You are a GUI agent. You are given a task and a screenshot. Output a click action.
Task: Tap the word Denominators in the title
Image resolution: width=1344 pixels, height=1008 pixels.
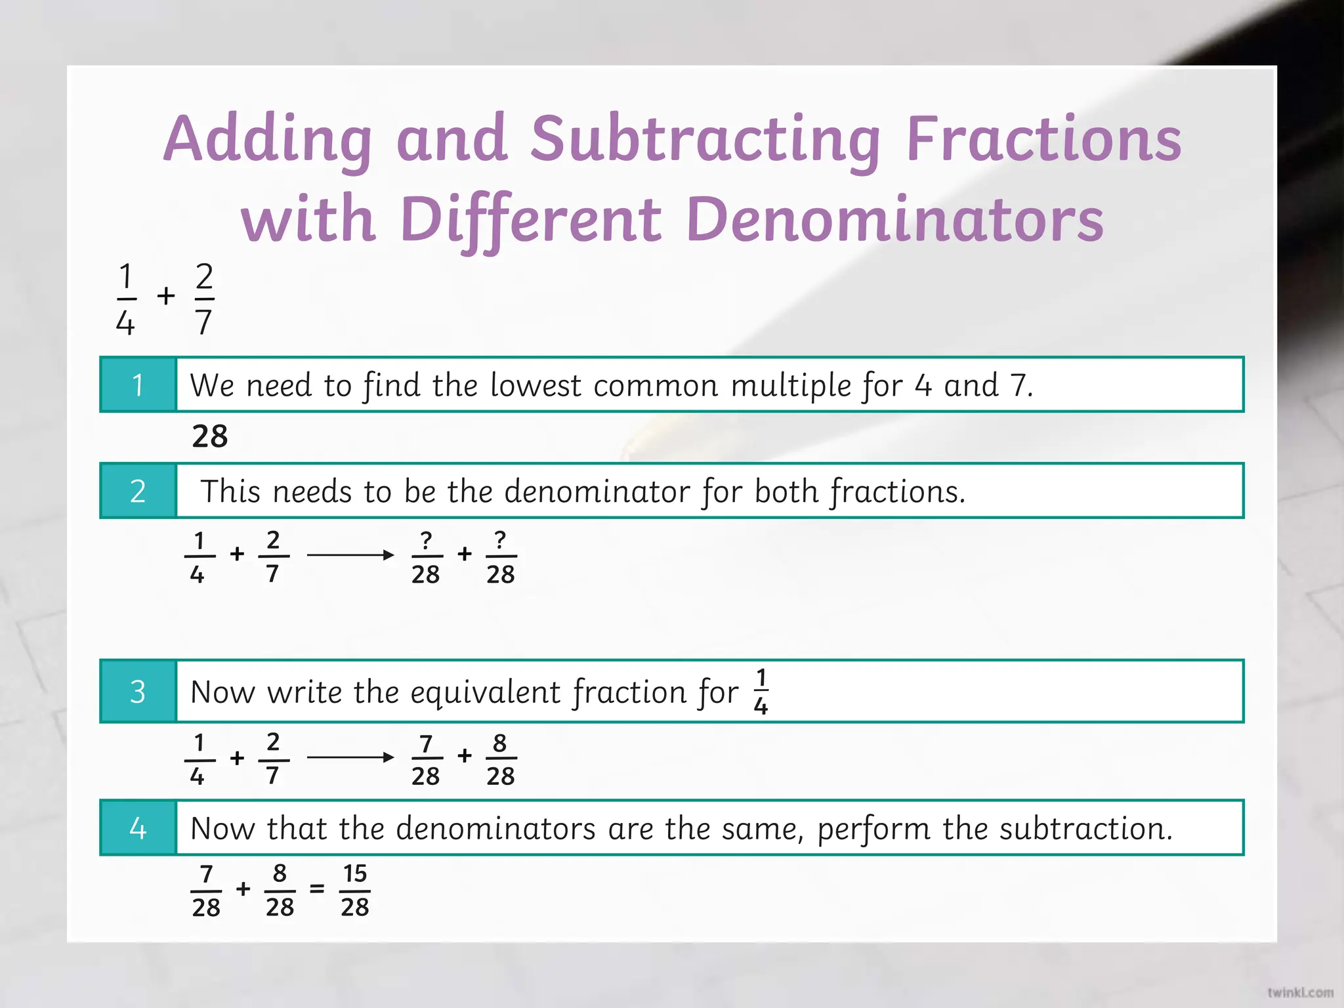(895, 220)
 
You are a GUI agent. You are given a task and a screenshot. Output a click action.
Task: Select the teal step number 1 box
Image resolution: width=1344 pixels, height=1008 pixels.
(138, 385)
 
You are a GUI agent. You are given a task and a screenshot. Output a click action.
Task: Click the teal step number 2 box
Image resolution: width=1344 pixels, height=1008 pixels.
(138, 491)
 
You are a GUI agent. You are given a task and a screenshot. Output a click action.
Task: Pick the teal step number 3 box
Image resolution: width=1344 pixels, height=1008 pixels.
(138, 692)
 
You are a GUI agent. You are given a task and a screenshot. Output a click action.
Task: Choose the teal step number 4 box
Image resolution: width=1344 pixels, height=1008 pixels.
(138, 828)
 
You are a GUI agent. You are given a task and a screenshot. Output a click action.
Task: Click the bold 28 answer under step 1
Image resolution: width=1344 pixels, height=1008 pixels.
(210, 436)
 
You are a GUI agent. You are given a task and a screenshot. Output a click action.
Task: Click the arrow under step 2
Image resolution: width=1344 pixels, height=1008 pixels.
(350, 555)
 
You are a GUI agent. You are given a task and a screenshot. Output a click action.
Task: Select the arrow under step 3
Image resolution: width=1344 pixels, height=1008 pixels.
(350, 757)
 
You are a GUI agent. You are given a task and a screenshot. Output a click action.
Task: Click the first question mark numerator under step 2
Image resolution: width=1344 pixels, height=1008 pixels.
(427, 540)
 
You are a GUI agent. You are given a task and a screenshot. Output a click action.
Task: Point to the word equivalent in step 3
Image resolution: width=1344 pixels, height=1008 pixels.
(486, 693)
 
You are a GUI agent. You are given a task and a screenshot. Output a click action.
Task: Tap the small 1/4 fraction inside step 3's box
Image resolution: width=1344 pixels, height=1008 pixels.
(761, 692)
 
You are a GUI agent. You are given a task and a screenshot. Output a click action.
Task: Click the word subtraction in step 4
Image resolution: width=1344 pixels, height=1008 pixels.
(1085, 829)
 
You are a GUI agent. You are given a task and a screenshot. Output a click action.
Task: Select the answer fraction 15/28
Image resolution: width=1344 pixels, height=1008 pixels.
(355, 891)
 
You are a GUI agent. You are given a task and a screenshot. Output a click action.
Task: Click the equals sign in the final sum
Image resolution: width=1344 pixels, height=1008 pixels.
(317, 889)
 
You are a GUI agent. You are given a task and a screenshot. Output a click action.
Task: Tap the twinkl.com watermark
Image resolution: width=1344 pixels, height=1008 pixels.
(1300, 992)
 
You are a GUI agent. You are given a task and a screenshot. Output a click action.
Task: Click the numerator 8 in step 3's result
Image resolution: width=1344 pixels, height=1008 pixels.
(500, 743)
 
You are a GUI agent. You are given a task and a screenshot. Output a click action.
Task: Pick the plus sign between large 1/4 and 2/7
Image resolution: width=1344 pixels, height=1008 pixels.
(166, 296)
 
